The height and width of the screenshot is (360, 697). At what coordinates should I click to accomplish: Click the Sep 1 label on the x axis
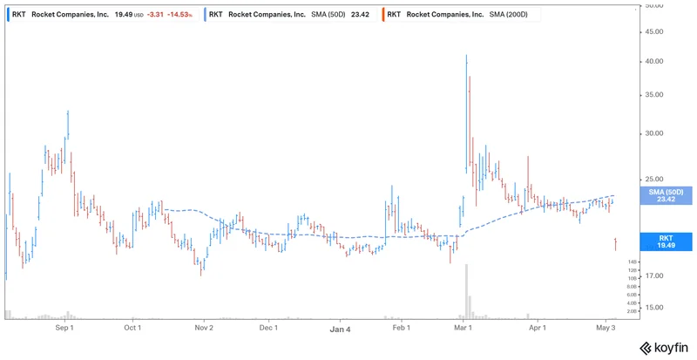click(64, 329)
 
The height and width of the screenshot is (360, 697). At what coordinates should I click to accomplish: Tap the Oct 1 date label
click(132, 329)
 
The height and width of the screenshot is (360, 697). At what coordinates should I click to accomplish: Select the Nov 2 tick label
click(203, 329)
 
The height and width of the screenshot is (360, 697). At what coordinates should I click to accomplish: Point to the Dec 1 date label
click(268, 329)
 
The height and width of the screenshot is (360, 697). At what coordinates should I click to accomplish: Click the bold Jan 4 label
click(340, 329)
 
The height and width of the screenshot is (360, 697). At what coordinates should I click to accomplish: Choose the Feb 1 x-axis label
click(401, 329)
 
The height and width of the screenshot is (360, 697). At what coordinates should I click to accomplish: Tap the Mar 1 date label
click(464, 329)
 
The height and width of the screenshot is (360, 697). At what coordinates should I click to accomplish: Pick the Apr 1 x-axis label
click(538, 329)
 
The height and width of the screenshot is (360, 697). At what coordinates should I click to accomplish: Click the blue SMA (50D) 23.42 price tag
click(666, 195)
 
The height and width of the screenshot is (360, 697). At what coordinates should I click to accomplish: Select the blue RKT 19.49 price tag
click(666, 241)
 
